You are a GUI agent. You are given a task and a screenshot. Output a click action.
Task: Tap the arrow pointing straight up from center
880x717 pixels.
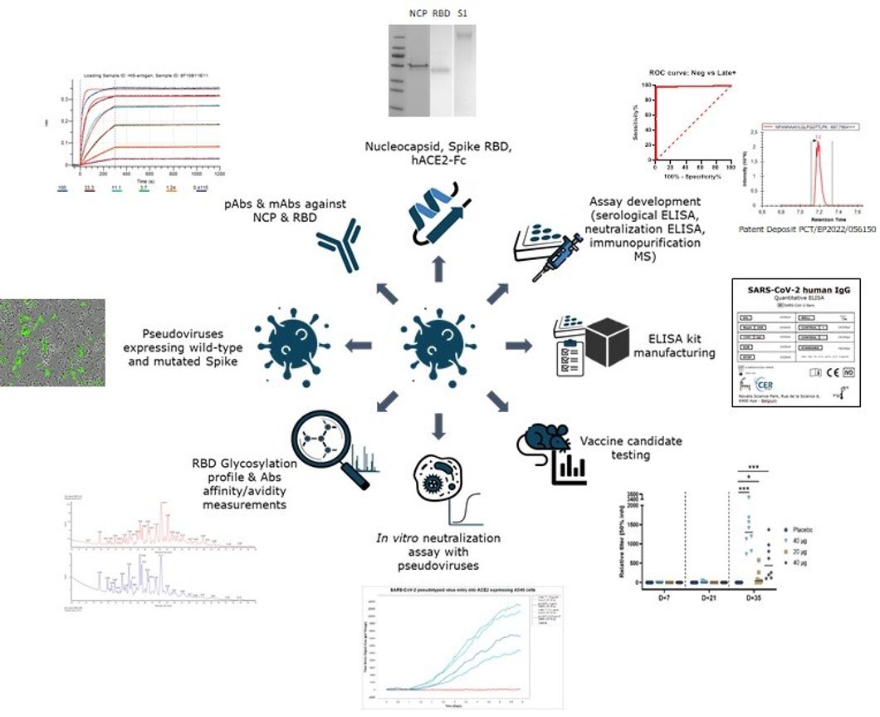coord(440,265)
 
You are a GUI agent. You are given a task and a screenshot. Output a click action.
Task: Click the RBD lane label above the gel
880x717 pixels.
coord(438,14)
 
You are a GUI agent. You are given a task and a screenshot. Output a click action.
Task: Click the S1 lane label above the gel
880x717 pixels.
coord(462,14)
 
